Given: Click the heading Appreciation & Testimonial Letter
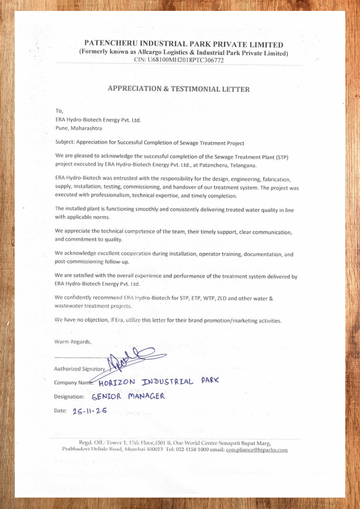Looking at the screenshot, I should pyautogui.click(x=179, y=89).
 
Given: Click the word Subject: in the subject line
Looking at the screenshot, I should pyautogui.click(x=65, y=143).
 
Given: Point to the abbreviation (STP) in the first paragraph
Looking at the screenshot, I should pyautogui.click(x=280, y=157).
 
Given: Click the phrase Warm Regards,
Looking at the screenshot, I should pyautogui.click(x=73, y=341).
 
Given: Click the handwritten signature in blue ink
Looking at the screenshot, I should pyautogui.click(x=134, y=357).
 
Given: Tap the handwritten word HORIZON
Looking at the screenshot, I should pyautogui.click(x=117, y=383).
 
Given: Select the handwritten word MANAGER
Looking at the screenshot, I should pyautogui.click(x=146, y=397).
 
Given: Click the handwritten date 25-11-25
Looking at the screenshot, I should pyautogui.click(x=90, y=412).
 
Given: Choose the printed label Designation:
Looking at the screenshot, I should pyautogui.click(x=69, y=397).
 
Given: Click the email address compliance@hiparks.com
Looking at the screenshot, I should pyautogui.click(x=257, y=450).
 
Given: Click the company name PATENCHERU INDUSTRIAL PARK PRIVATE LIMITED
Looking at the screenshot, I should pyautogui.click(x=183, y=45).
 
